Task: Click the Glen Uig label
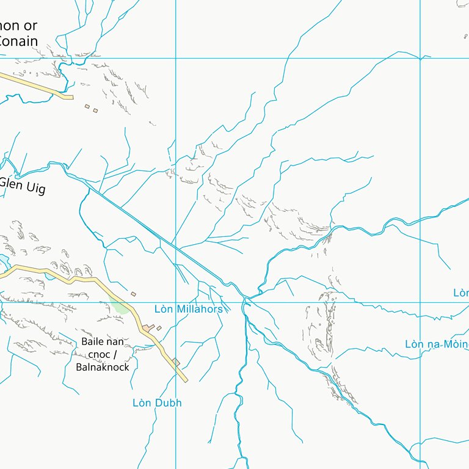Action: [x=23, y=186]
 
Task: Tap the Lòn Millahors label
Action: [x=188, y=309]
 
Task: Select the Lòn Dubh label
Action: [x=157, y=403]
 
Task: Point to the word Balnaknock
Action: [x=103, y=367]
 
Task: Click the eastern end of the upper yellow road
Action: [x=71, y=96]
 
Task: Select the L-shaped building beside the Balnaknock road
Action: [x=148, y=329]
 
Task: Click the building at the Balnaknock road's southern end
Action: [x=176, y=362]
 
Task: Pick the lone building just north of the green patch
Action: [x=133, y=294]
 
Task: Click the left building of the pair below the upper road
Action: [x=87, y=107]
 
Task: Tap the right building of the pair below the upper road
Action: [x=95, y=111]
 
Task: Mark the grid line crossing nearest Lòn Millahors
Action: [x=176, y=302]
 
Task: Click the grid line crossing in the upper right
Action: [x=420, y=59]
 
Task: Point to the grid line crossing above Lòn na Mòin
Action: [x=420, y=302]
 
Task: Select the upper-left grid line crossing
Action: [x=176, y=59]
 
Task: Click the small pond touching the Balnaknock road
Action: [x=49, y=276]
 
